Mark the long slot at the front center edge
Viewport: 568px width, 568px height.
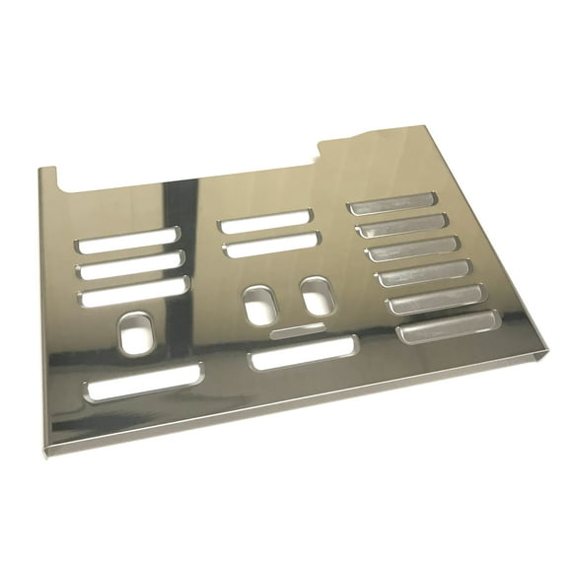coord(304,352)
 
